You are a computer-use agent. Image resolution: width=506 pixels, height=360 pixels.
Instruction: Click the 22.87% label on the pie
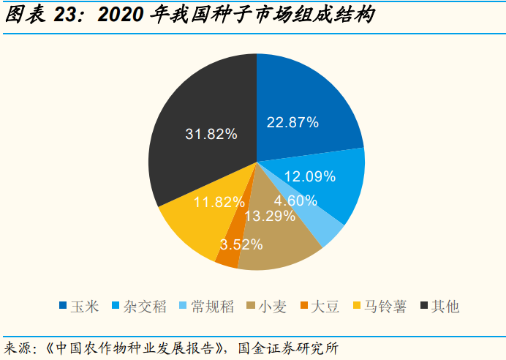point(292,122)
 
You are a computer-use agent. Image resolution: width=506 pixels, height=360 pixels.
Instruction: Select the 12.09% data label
point(309,176)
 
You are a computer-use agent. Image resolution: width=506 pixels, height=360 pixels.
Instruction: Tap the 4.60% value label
point(295,200)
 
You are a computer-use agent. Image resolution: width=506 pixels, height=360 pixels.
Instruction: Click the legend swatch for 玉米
point(64,306)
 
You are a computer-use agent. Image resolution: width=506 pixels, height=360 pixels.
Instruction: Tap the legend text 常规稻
point(211,306)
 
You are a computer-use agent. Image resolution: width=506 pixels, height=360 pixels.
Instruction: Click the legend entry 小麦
point(272,306)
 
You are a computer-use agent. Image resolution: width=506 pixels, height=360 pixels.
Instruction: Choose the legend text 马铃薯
point(385,306)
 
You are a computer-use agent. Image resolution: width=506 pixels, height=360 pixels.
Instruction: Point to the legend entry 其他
point(445,306)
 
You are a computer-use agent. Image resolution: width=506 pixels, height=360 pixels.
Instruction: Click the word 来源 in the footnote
point(19,346)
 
